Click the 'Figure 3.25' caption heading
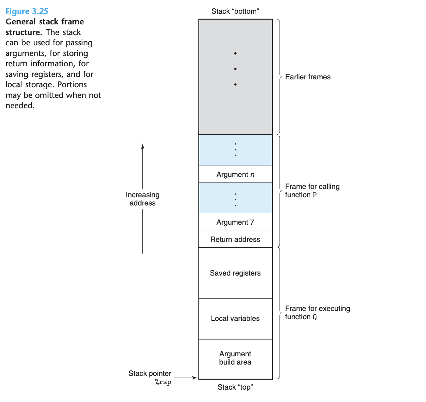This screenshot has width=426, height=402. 27,11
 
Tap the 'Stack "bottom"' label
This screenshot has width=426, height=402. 235,11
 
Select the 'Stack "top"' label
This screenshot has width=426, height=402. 235,387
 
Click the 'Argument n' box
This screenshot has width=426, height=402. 235,174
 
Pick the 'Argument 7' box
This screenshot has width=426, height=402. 235,222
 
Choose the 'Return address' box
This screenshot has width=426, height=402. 235,239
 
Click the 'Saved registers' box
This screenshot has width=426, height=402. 235,273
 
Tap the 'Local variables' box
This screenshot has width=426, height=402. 235,319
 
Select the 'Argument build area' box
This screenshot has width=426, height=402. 235,358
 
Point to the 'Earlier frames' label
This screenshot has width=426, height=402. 308,77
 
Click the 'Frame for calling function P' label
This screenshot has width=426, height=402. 312,191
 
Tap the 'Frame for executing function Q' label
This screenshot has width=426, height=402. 317,313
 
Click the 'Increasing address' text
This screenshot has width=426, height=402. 143,199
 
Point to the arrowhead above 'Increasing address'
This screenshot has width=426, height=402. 143,146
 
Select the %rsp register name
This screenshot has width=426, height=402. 163,382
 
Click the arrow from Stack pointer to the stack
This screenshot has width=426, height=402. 186,378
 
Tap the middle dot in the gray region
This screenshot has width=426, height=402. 235,69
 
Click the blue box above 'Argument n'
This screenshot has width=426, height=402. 235,150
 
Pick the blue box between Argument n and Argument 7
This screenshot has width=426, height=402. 235,198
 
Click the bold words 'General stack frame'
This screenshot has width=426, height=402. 45,22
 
